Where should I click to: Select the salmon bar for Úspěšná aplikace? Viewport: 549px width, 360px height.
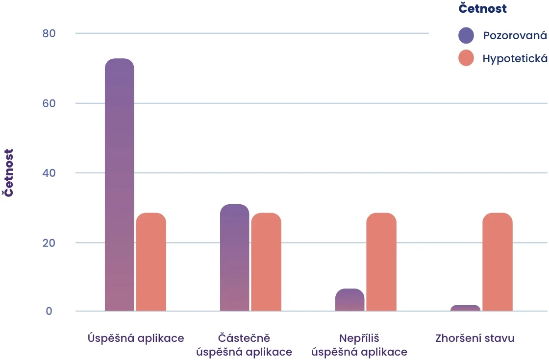point(151,262)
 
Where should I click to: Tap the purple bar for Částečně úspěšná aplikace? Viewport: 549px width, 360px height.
point(234,258)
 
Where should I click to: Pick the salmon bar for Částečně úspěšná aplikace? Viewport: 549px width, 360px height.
point(266,262)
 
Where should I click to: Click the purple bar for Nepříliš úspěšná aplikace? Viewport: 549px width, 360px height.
point(349,300)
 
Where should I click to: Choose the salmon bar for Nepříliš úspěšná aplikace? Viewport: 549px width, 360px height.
point(381,262)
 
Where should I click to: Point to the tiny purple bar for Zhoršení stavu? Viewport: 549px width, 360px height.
point(465,308)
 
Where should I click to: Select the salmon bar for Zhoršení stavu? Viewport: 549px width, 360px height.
point(497,262)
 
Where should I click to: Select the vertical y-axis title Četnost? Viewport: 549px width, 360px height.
point(9,173)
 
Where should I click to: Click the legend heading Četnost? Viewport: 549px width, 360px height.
point(482,8)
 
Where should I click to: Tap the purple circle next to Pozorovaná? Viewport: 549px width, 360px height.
point(466,35)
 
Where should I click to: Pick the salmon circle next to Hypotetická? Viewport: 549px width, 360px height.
point(466,58)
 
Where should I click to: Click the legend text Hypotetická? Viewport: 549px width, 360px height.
point(515,58)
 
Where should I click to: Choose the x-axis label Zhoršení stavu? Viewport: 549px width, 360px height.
point(474,338)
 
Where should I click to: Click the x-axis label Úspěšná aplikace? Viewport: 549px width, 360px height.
point(136,338)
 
